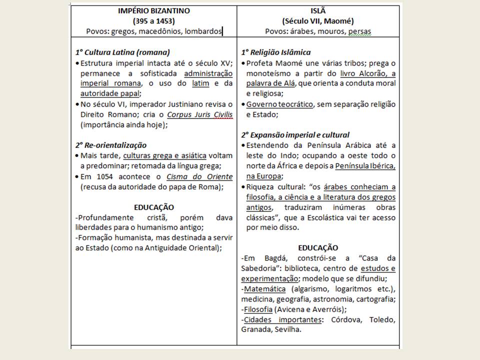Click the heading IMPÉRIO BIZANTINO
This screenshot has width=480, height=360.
coord(153,11)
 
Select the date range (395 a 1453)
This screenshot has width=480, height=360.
coord(153,21)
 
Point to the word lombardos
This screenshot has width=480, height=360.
coord(203,31)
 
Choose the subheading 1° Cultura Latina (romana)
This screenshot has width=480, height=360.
coord(122,52)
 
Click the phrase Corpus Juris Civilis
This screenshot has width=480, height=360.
coord(200,114)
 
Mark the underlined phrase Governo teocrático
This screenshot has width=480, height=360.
coord(279,104)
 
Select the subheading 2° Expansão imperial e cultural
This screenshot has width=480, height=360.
coord(295,134)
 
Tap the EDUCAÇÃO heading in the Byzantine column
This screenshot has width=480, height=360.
coord(153,207)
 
